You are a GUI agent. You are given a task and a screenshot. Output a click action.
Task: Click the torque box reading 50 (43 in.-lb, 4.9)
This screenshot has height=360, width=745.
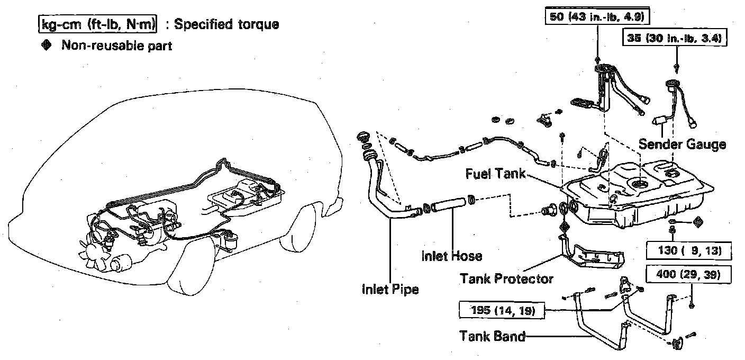tap(597, 16)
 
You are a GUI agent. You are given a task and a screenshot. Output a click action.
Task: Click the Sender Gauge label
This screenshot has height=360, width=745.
tap(682, 143)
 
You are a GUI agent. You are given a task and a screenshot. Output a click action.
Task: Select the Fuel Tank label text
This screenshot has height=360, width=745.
tap(495, 174)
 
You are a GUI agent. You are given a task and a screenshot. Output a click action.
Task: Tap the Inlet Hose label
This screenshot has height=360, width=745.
tap(452, 256)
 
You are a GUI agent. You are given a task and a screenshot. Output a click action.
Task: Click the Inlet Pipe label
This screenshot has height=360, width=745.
tap(390, 290)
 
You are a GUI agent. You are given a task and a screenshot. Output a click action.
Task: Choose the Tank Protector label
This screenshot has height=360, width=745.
tap(506, 278)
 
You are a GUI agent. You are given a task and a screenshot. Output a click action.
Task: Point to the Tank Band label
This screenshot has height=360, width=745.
tap(492, 336)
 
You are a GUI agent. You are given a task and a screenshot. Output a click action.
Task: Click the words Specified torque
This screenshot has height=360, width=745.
tap(226, 24)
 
